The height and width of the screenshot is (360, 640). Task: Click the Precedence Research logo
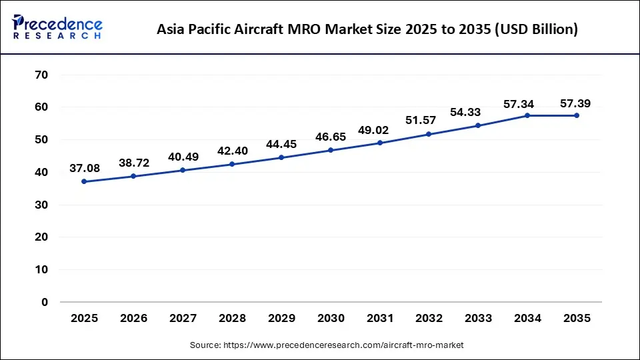[57, 27]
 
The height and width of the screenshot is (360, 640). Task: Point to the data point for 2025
[84, 181]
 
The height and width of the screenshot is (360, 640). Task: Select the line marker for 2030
[331, 150]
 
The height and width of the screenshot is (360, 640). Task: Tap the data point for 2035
[577, 115]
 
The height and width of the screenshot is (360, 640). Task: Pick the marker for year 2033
[478, 125]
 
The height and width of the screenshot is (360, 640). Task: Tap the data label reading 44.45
[281, 145]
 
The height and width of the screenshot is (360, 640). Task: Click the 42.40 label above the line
[232, 151]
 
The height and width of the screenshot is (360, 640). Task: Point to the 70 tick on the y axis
[41, 75]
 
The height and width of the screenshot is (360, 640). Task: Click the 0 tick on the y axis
[45, 302]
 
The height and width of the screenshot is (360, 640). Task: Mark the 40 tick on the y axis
[41, 172]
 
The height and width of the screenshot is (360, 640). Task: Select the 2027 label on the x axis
[183, 319]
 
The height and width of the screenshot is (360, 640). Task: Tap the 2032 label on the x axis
[429, 319]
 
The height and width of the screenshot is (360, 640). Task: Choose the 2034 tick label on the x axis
[527, 319]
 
